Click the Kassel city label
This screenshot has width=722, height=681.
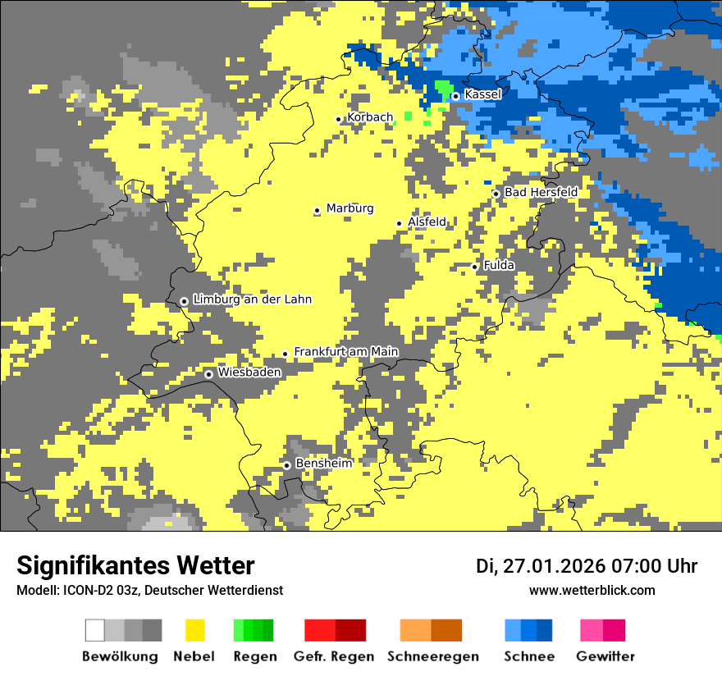click(482, 94)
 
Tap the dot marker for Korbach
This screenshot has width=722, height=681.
click(338, 119)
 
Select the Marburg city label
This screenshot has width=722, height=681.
click(350, 208)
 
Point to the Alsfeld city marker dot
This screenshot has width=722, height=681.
click(400, 223)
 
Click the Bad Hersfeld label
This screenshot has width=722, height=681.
click(541, 192)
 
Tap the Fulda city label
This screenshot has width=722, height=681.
click(499, 265)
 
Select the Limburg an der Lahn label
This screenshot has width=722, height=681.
click(252, 299)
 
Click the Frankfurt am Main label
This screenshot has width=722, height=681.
click(345, 352)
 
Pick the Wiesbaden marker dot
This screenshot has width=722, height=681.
click(209, 374)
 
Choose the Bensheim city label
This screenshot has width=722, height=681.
click(323, 464)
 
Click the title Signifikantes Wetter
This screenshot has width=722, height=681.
click(135, 565)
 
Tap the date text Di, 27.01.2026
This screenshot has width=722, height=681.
click(539, 566)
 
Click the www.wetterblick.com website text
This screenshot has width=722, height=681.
click(592, 590)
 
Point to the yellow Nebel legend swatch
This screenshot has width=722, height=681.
click(194, 630)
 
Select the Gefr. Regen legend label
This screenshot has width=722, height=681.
click(333, 656)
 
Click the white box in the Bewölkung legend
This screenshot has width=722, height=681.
click(94, 630)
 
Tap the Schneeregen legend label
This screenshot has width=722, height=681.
click(432, 656)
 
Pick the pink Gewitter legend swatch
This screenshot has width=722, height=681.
click(591, 630)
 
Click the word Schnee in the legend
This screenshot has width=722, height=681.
click(528, 656)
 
